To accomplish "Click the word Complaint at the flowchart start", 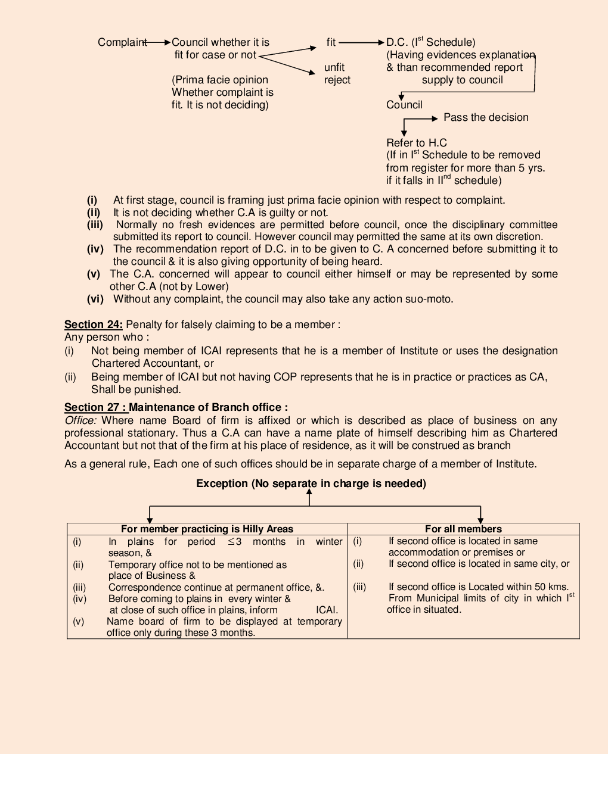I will (x=122, y=42).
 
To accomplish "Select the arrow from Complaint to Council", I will (x=159, y=42).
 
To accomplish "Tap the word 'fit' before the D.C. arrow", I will (x=331, y=42).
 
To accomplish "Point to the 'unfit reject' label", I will (x=337, y=74).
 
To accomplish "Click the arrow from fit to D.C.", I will (x=361, y=42).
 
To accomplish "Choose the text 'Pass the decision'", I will (x=486, y=117).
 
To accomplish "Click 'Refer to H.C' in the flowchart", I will (x=416, y=143).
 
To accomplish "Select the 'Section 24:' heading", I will (x=94, y=325).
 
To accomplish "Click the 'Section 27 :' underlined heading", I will (x=95, y=407).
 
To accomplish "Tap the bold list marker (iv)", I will (x=95, y=249).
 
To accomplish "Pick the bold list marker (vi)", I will (x=95, y=299).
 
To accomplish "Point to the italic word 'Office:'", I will (x=80, y=420).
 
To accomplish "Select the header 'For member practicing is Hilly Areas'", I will (x=207, y=529).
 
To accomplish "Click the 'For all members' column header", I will (x=463, y=529).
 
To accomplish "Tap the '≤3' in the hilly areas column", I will (x=234, y=542).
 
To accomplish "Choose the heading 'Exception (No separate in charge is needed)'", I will (x=311, y=484).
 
